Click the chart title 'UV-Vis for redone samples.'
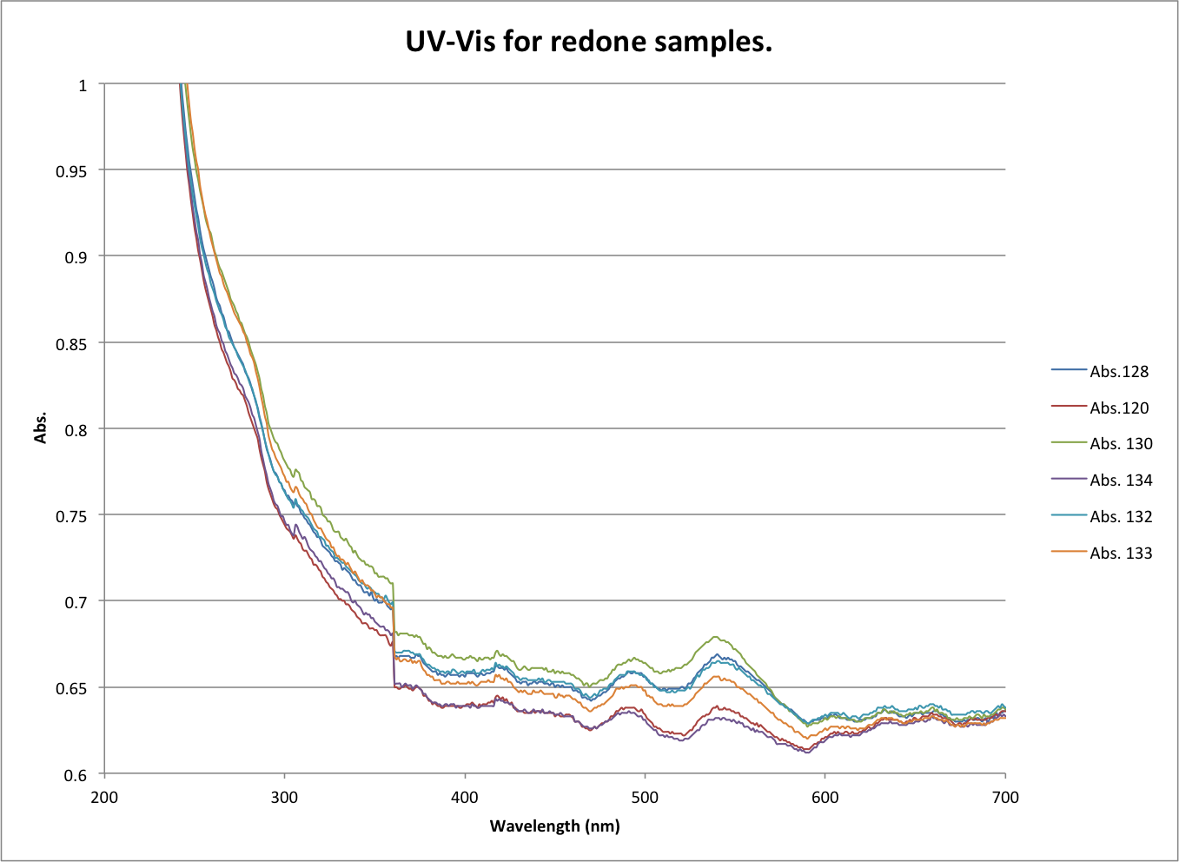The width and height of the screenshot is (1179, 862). coord(588,41)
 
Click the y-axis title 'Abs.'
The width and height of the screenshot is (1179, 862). coord(41,428)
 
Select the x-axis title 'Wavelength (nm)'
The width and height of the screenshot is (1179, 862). coord(554,826)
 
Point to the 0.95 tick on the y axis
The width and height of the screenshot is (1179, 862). coord(71,171)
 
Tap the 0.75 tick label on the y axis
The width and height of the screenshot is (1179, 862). coord(71,516)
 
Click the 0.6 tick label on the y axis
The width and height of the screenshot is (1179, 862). coord(76,775)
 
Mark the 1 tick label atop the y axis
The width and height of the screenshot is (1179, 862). coord(83,85)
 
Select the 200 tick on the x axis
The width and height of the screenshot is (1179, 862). coord(104,798)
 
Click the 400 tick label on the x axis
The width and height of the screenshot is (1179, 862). coord(465,798)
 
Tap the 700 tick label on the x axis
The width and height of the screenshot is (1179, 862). coord(1005,798)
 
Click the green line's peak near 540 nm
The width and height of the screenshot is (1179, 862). coord(716,637)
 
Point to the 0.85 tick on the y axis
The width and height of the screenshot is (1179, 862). coord(71,343)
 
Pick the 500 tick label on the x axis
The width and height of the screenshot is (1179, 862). coord(645,798)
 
